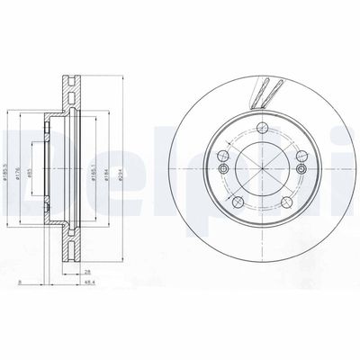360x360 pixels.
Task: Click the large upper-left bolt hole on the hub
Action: point(222,166)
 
